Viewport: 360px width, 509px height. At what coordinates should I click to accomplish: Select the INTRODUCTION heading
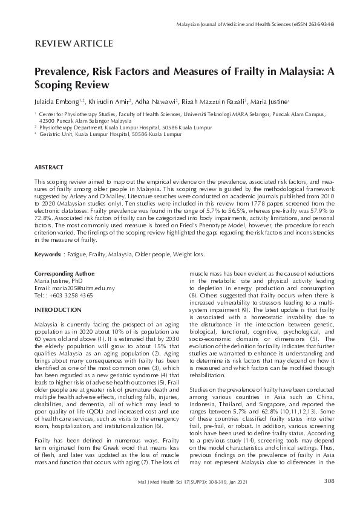click(x=57, y=310)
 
